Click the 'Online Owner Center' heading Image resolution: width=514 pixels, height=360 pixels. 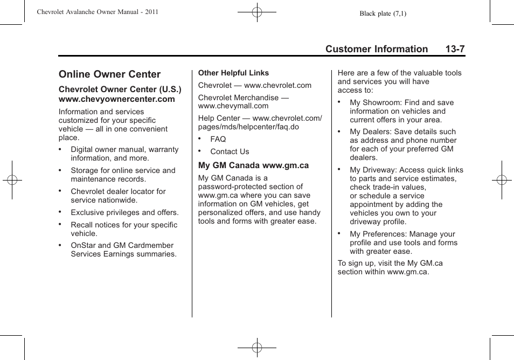[x=109, y=74]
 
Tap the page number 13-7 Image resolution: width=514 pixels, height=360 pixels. [x=455, y=49]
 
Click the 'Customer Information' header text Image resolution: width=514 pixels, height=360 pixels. [x=376, y=49]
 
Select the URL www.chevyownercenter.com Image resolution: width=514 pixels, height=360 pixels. [x=116, y=99]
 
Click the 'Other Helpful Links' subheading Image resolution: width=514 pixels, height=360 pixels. [x=233, y=73]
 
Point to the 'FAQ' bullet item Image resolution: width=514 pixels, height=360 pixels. [x=218, y=139]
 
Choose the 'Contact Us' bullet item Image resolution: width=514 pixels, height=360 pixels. [x=230, y=151]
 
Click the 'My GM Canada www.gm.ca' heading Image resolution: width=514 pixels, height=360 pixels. [x=253, y=165]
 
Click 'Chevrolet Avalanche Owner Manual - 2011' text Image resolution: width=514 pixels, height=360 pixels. [x=98, y=11]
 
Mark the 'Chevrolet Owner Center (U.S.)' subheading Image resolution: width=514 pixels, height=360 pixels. [x=120, y=89]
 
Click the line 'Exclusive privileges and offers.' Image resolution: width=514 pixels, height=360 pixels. [x=124, y=212]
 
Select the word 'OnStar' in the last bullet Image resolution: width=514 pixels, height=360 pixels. [x=84, y=245]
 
